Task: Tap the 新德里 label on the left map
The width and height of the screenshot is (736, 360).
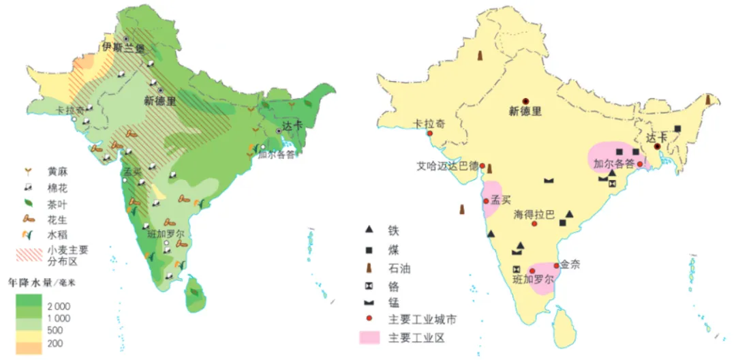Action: [159, 101]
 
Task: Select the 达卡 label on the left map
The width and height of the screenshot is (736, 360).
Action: [292, 123]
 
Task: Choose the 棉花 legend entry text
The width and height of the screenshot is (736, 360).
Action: [58, 187]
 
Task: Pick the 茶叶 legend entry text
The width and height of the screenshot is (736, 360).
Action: [58, 204]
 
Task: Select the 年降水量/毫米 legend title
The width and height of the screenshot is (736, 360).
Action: [39, 282]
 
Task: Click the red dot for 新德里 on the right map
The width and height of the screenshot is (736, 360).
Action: [525, 101]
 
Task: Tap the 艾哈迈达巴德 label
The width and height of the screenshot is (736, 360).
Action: [447, 166]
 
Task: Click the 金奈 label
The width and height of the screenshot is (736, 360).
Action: [570, 265]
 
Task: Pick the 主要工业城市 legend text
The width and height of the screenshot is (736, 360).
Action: [418, 319]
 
